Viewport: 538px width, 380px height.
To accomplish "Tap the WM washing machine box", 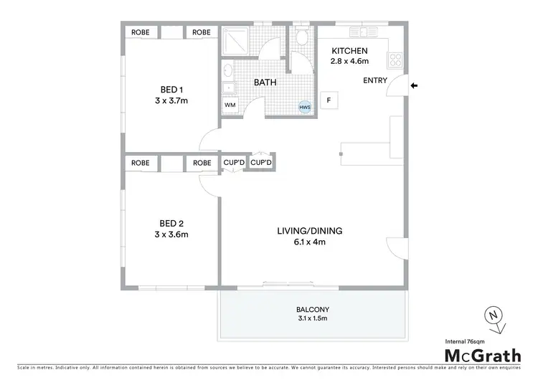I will (230, 105).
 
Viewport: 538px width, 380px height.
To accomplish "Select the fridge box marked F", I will (329, 100).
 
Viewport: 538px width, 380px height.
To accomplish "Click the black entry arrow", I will (415, 87).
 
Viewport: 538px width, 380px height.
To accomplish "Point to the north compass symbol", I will (494, 314).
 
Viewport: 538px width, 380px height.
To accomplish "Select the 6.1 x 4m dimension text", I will (310, 242).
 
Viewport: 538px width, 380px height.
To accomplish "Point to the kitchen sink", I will (364, 32).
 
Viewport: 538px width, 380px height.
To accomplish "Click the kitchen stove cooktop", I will (396, 59).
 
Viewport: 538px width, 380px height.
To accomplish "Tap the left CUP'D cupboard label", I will (233, 163).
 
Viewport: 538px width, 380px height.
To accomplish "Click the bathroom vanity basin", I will (227, 71).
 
